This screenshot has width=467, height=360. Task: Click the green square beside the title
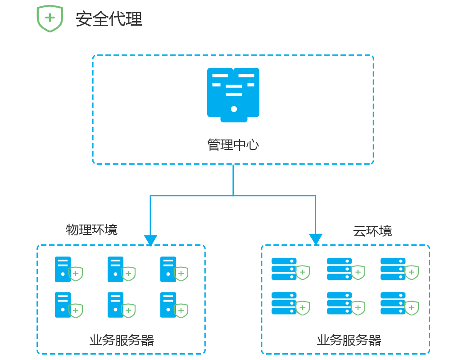(x=50, y=19)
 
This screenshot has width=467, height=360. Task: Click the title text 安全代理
(x=109, y=19)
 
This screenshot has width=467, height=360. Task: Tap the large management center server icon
(x=233, y=94)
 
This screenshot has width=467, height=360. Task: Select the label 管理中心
(x=233, y=145)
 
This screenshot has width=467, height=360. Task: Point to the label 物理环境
(x=92, y=229)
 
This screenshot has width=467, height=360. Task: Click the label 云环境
(x=372, y=231)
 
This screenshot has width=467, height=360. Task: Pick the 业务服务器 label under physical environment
(x=122, y=340)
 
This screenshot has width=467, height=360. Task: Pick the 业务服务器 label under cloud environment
(x=349, y=340)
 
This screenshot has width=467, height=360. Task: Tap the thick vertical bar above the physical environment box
(x=150, y=220)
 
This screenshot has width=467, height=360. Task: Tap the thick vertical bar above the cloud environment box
(x=316, y=220)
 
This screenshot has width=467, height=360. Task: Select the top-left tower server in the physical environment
(x=63, y=269)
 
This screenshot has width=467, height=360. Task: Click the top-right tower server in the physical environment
(x=168, y=269)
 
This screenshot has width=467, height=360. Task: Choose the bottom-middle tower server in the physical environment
(x=115, y=305)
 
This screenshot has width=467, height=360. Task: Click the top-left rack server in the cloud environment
(x=284, y=269)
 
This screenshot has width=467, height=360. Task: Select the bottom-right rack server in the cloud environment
(x=393, y=303)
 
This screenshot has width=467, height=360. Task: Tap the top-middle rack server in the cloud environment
(x=339, y=269)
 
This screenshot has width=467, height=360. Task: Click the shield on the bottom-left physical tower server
(x=76, y=310)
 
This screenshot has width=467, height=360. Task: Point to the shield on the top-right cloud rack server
(x=411, y=272)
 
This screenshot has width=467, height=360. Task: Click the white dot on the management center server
(x=234, y=109)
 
